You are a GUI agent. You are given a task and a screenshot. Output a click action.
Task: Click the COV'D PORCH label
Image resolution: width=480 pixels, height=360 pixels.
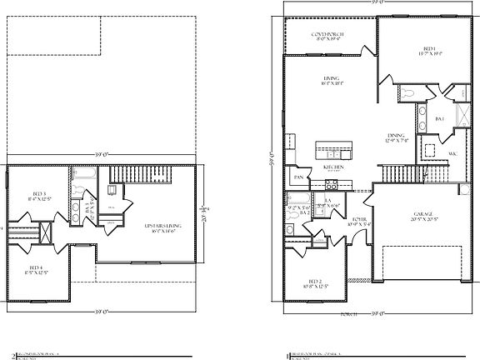pyautogui.click(x=329, y=35)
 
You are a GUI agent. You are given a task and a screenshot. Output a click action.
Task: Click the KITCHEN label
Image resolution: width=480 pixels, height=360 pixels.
pyautogui.click(x=334, y=167)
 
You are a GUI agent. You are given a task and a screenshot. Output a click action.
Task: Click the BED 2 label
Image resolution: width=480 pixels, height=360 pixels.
pyautogui.click(x=317, y=283)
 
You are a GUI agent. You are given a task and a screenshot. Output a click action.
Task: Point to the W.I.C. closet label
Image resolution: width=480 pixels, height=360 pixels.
pyautogui.click(x=452, y=154)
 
